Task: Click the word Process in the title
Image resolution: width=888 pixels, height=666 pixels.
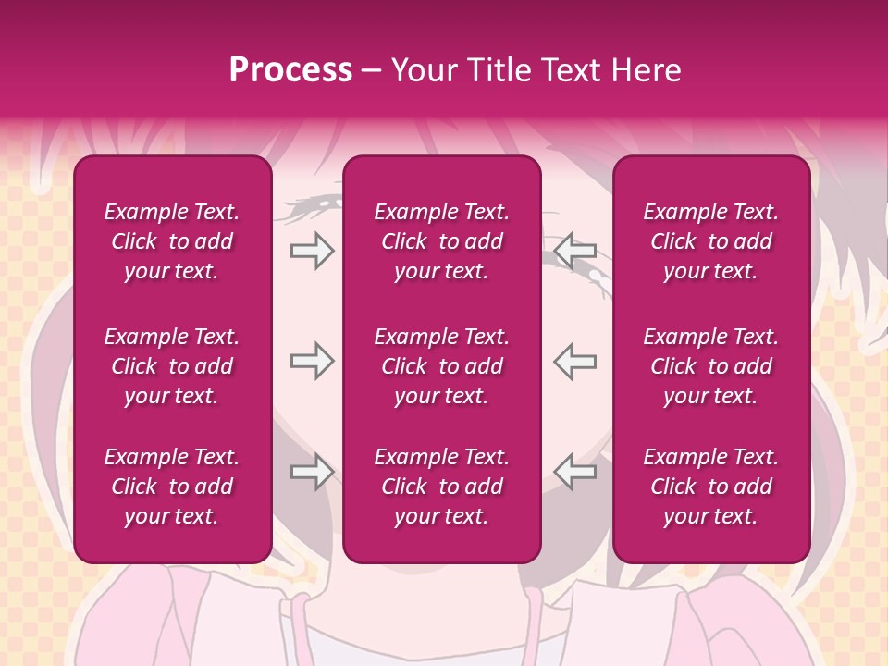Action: coord(290,70)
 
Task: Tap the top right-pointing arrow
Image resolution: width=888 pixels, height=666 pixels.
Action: coord(312,251)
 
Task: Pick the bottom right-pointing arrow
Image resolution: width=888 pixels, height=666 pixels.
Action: coord(312,472)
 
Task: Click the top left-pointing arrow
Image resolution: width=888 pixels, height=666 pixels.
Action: coord(574,251)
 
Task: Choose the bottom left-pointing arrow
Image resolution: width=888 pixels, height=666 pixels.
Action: coord(574,472)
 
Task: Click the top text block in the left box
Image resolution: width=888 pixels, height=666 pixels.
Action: coord(172,241)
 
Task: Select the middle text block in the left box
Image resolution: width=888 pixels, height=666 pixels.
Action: coord(172,366)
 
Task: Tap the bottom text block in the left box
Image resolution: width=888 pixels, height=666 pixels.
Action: coord(172,487)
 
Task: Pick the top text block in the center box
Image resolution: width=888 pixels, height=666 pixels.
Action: coord(441,241)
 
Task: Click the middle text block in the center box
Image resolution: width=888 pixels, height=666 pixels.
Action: coord(441,366)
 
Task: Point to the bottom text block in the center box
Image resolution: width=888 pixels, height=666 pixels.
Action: coord(441,487)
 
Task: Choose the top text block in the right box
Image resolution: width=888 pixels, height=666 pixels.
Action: coord(710,241)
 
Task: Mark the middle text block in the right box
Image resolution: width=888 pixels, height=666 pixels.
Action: coord(710,366)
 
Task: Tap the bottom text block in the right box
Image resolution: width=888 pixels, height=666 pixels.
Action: coord(710,487)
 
